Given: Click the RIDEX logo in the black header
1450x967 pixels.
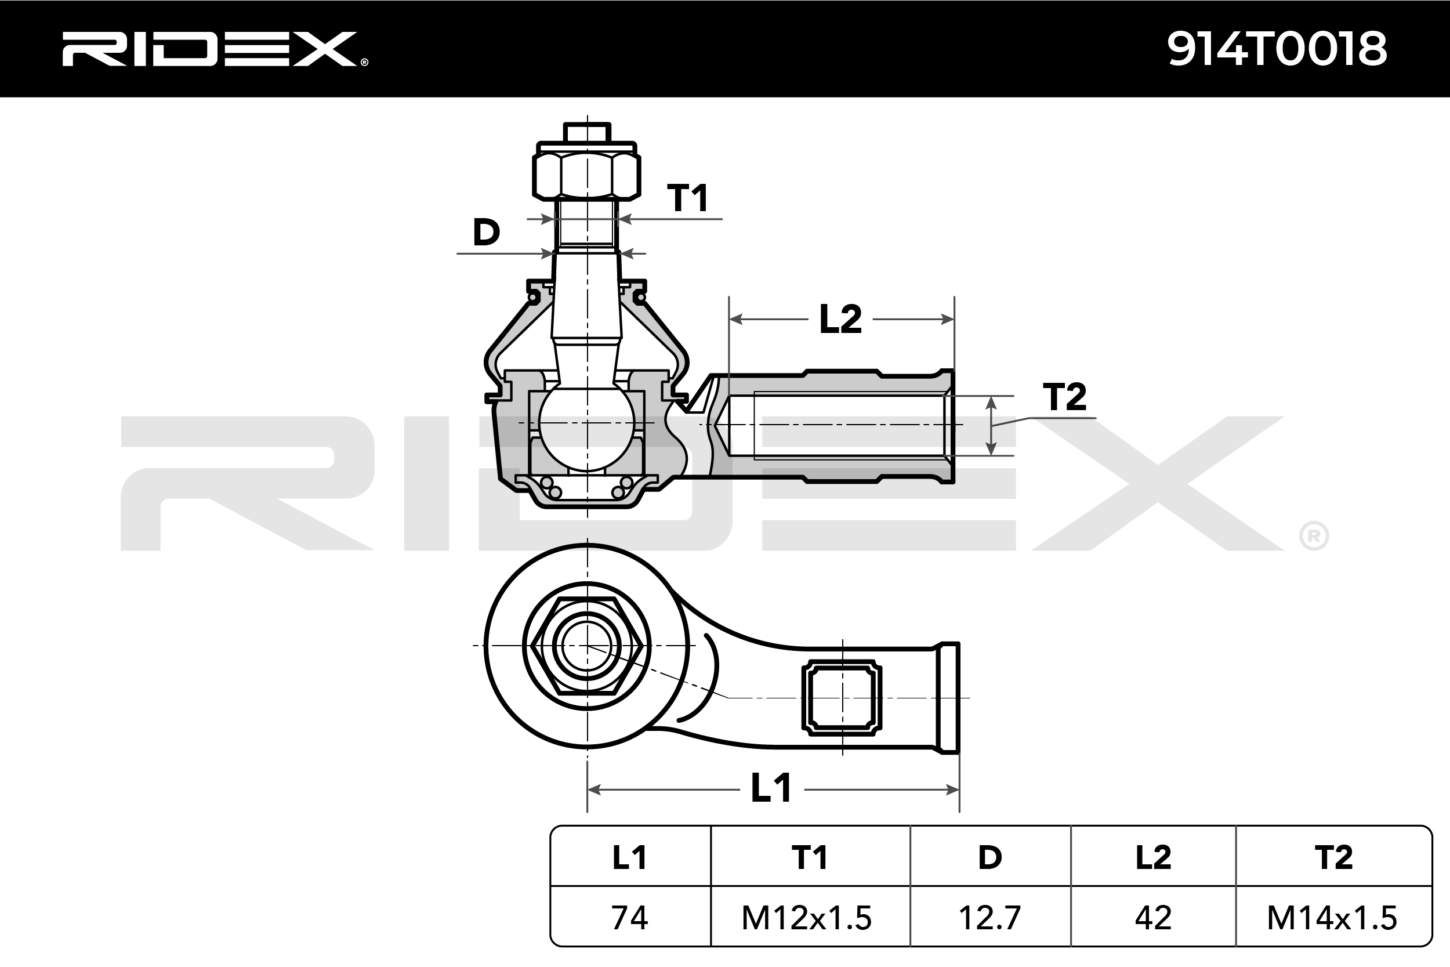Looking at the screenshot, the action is click(x=215, y=49).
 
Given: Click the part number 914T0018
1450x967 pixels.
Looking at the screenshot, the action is click(x=1277, y=49).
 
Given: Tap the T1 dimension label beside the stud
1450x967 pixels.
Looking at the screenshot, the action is click(x=687, y=198).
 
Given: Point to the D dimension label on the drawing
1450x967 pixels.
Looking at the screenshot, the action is click(x=486, y=233).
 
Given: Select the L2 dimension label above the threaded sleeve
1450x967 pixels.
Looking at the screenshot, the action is click(x=840, y=320).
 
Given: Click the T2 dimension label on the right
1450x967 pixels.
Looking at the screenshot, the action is click(x=1064, y=397).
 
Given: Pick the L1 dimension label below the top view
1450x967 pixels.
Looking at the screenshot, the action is click(x=771, y=789).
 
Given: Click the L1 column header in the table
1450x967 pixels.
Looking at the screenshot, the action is click(x=629, y=858).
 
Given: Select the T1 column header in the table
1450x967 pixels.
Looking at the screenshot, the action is click(x=810, y=858).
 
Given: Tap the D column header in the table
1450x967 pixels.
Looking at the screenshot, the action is click(x=990, y=858).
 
